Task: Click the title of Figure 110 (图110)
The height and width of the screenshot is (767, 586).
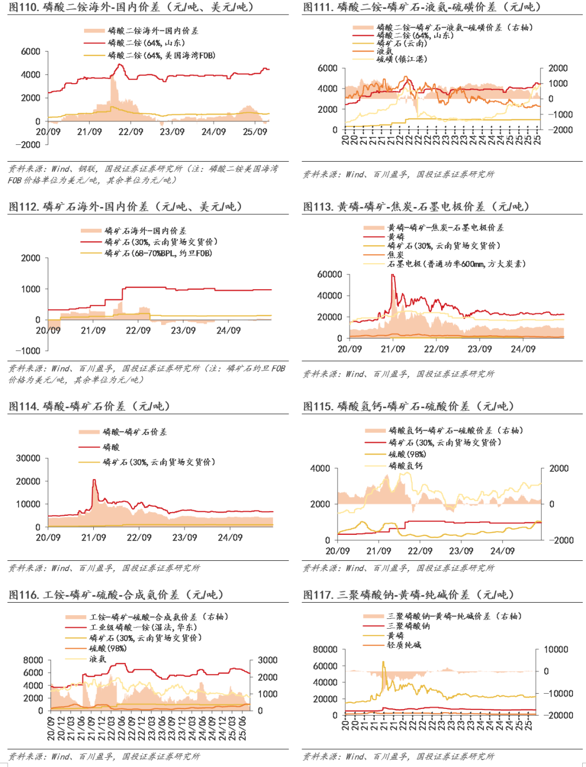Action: pyautogui.click(x=131, y=7)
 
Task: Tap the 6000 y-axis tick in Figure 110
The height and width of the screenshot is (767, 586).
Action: pyautogui.click(x=30, y=52)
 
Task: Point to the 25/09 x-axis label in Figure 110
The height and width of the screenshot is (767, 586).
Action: pyautogui.click(x=255, y=132)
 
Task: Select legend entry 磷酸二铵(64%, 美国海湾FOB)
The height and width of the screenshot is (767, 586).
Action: pyautogui.click(x=161, y=55)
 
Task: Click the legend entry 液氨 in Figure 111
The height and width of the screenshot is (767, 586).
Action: pyautogui.click(x=385, y=51)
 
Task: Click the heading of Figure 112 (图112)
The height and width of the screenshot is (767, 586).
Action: pyautogui.click(x=125, y=207)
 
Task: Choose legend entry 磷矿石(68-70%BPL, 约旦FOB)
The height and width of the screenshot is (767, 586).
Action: pyautogui.click(x=158, y=253)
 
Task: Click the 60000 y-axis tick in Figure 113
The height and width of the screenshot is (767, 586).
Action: pyautogui.click(x=329, y=274)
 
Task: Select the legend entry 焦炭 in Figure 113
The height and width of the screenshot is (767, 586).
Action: pyautogui.click(x=396, y=254)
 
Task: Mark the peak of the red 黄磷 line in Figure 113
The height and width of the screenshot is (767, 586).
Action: pyautogui.click(x=392, y=275)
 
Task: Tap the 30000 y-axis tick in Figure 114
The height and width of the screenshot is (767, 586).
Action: pyautogui.click(x=28, y=458)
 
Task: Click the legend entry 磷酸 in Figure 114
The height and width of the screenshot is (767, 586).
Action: pyautogui.click(x=111, y=447)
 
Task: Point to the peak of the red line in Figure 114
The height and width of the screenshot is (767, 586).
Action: pyautogui.click(x=94, y=480)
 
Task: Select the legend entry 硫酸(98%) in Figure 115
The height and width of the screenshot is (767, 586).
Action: pyautogui.click(x=407, y=454)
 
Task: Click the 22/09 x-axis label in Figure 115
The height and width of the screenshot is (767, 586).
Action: pyautogui.click(x=420, y=551)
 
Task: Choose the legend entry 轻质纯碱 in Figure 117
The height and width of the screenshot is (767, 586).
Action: pyautogui.click(x=404, y=645)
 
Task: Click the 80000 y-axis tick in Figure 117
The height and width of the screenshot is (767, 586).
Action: pyautogui.click(x=325, y=649)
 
